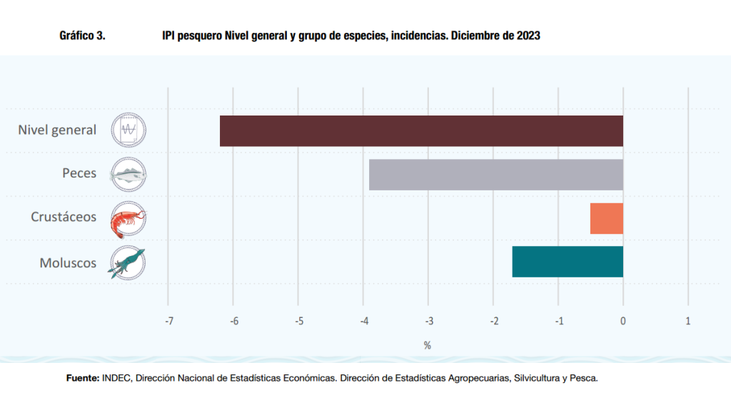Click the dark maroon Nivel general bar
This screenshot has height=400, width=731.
[421, 130]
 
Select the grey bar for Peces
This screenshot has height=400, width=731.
[496, 175]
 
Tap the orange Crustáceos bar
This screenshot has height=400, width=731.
[606, 218]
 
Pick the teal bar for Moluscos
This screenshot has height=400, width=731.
[568, 262]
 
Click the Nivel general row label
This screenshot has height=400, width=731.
[57, 130]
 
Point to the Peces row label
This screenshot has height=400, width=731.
[79, 173]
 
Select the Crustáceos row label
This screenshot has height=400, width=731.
[64, 217]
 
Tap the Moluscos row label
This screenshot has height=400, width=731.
[68, 263]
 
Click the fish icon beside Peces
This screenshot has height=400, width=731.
[128, 174]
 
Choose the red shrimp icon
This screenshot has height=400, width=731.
[128, 218]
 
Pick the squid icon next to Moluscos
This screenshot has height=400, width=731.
[128, 262]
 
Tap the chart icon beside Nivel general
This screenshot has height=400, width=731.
[128, 130]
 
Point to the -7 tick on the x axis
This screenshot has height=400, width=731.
[168, 321]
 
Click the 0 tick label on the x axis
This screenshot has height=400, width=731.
[623, 321]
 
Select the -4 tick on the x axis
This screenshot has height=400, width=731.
[363, 321]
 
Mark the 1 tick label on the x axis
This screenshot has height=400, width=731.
[688, 321]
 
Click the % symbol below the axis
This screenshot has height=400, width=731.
[428, 345]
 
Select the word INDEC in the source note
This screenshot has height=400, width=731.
[117, 379]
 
